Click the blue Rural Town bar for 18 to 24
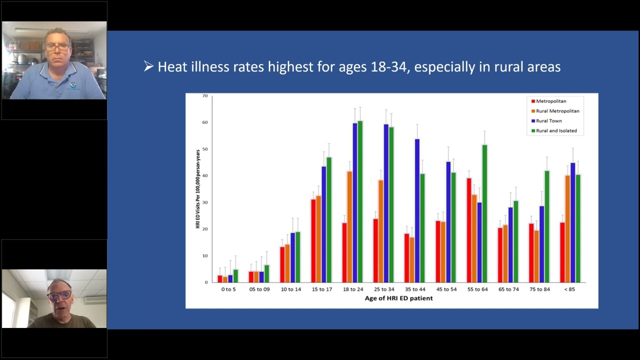[x=355, y=202]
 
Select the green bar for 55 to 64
[x=484, y=213]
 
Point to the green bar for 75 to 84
[x=547, y=226]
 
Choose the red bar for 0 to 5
[x=220, y=278]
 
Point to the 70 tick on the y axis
[x=205, y=95]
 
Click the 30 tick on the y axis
[x=205, y=202]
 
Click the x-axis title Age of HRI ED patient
[x=398, y=298]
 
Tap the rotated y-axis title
[x=198, y=189]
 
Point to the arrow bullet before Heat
[x=148, y=66]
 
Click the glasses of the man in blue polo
[x=57, y=46]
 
